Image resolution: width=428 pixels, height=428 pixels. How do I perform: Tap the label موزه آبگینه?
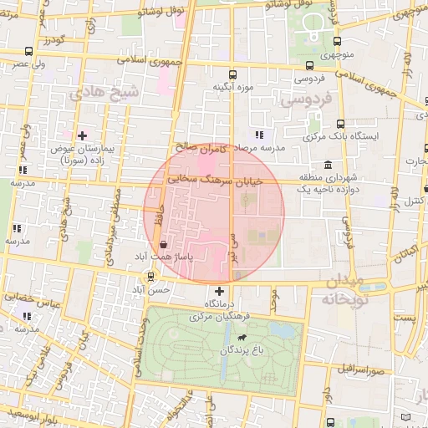tap(232, 87)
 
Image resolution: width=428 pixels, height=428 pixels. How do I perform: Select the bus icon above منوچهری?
tap(338, 41)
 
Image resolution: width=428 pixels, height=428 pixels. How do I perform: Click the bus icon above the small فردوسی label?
tap(310, 65)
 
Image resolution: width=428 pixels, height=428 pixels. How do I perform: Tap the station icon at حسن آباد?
tap(150, 276)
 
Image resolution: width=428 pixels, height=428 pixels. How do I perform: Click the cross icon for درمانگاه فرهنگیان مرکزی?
tap(219, 291)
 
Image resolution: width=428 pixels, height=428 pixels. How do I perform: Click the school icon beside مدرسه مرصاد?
tap(259, 134)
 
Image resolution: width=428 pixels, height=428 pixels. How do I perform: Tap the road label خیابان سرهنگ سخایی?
tap(215, 180)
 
